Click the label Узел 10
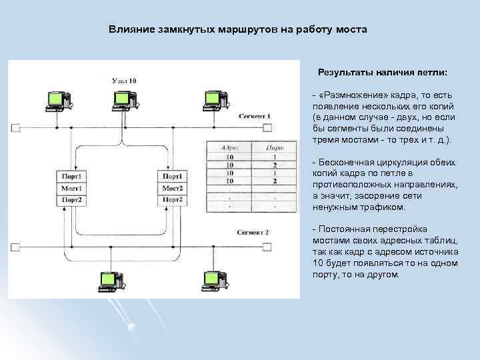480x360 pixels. point(124,81)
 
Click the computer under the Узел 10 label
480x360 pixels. point(122,100)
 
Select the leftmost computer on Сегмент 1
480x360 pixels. point(55,100)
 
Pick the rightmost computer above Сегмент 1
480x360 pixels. point(212,100)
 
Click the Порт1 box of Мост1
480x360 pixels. point(71,177)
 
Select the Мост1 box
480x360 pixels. point(71,188)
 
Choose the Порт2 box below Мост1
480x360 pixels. point(71,199)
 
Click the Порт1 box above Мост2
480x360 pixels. point(172,177)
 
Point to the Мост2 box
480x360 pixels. point(172,188)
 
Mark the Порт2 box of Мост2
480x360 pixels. point(172,199)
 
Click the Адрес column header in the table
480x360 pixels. point(229,148)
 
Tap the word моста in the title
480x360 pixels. point(352,30)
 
